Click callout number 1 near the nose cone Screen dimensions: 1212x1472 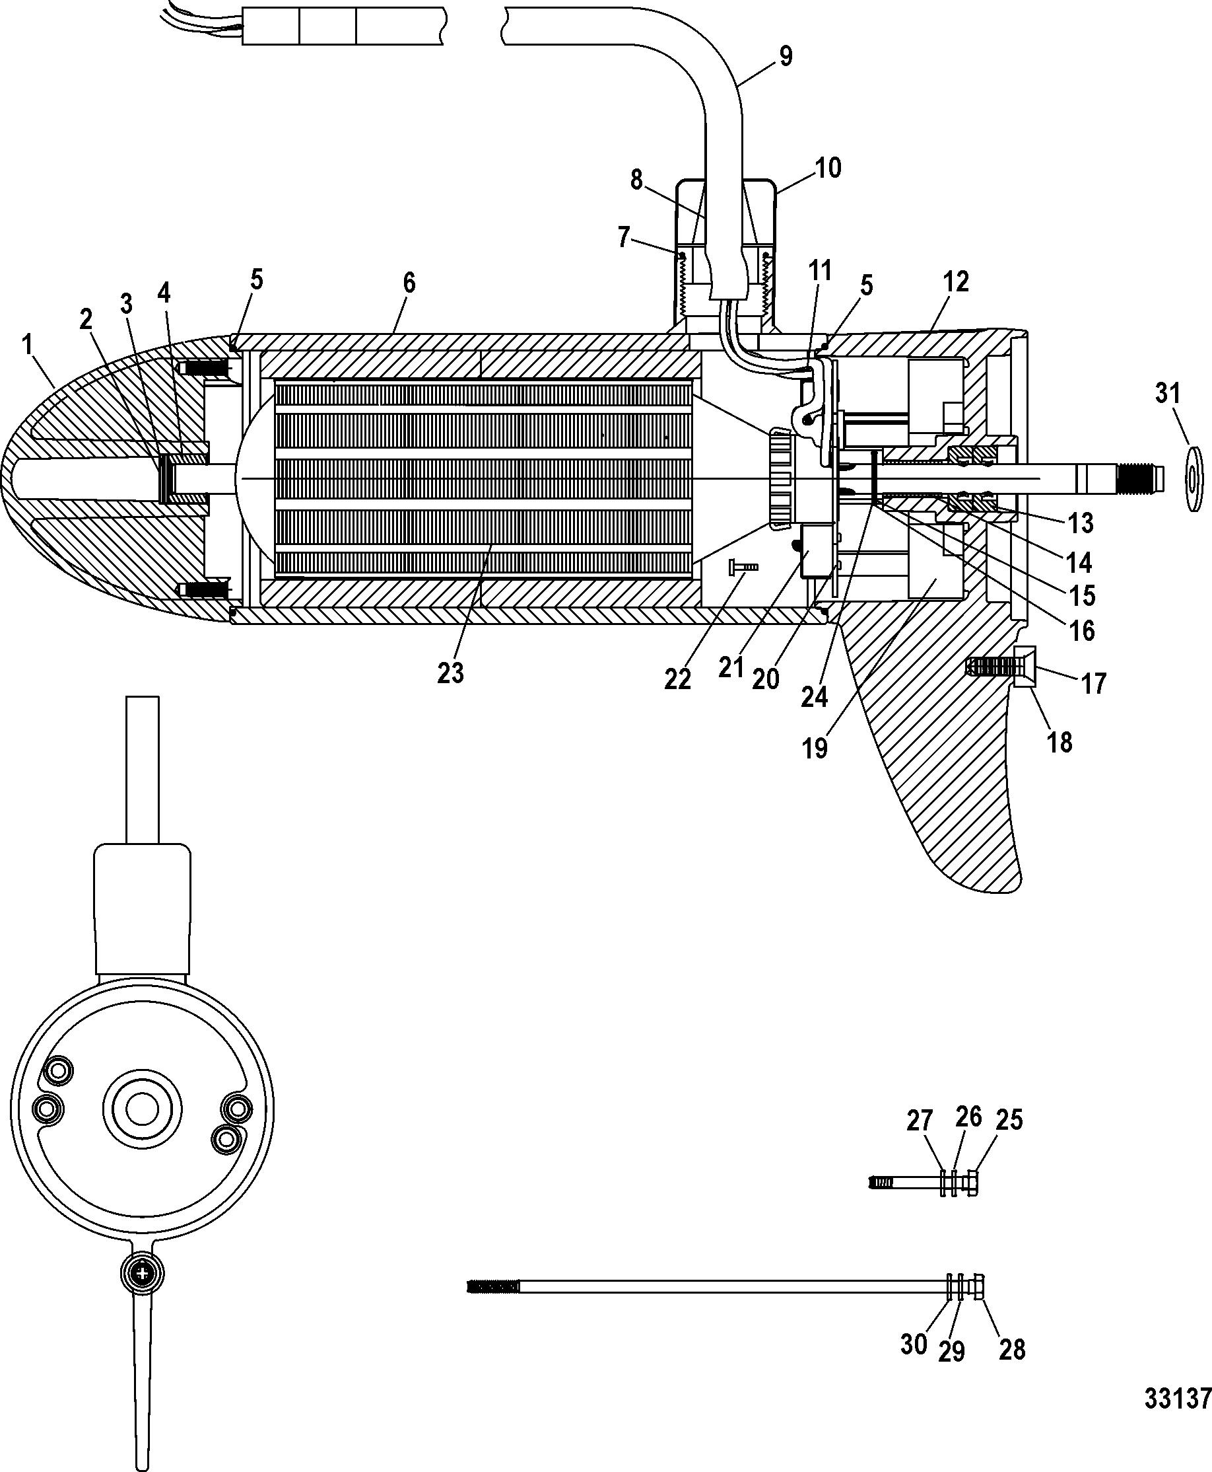(x=28, y=345)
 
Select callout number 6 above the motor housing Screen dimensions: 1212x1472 (x=409, y=283)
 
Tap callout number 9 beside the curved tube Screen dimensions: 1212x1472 (x=786, y=56)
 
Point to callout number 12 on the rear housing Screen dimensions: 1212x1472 (x=956, y=281)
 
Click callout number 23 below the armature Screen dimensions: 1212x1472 (x=450, y=673)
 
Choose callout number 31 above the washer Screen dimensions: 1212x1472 (x=1166, y=393)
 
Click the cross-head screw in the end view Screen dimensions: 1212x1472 (x=143, y=1274)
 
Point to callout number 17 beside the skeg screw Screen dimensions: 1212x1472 (x=1094, y=683)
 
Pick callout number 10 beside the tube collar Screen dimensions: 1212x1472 (x=828, y=168)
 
